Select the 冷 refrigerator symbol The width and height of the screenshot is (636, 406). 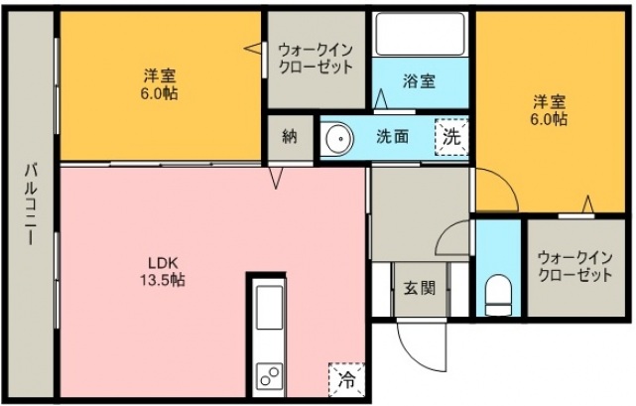(346, 378)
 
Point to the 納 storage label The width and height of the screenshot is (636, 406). (289, 137)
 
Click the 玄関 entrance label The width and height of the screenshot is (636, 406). (418, 289)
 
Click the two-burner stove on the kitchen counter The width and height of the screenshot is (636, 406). (270, 375)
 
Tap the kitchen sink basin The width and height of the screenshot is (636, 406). (270, 307)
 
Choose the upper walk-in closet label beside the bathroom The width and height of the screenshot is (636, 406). (315, 57)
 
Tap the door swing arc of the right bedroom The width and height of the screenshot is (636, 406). (496, 191)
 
